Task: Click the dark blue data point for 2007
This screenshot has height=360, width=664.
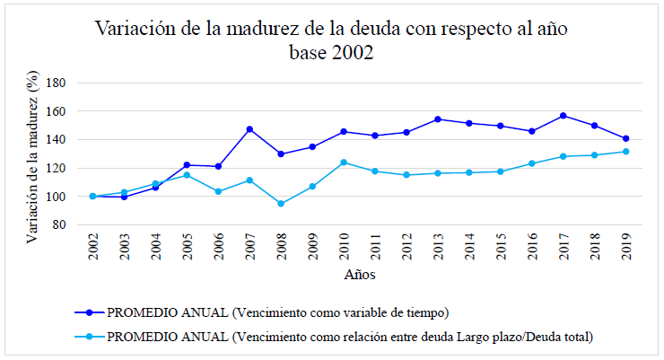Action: (x=249, y=129)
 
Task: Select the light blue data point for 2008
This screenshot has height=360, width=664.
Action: (x=281, y=204)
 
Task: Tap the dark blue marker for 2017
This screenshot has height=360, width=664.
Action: (x=564, y=116)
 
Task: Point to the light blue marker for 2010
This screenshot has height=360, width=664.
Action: (x=344, y=162)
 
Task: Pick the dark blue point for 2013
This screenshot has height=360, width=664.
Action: (x=438, y=119)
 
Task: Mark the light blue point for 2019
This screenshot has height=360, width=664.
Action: (x=626, y=151)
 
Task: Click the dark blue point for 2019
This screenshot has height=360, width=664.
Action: (x=626, y=138)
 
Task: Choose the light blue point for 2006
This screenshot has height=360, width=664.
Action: (x=218, y=191)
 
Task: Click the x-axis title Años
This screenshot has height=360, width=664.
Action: (x=359, y=274)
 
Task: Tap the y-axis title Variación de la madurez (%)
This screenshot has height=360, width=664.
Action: (x=34, y=159)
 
